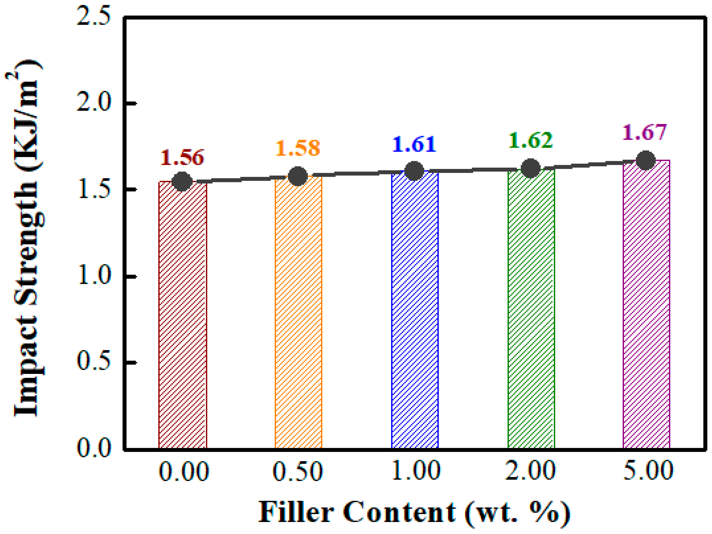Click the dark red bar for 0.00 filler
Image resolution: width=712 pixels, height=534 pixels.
(x=182, y=315)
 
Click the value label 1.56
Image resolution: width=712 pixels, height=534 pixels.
(x=182, y=157)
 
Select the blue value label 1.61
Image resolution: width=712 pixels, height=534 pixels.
(x=414, y=144)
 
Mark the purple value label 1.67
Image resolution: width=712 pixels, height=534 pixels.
(x=644, y=132)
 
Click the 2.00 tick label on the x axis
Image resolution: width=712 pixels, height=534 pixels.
(x=531, y=471)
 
